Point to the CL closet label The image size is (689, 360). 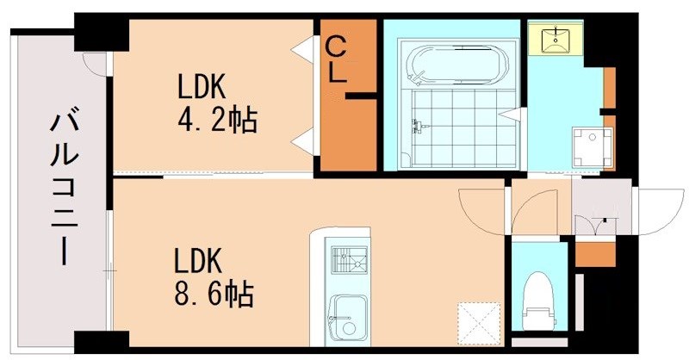click(336, 59)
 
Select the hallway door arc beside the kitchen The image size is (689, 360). click(482, 211)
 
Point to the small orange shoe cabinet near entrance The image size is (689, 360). click(594, 254)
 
